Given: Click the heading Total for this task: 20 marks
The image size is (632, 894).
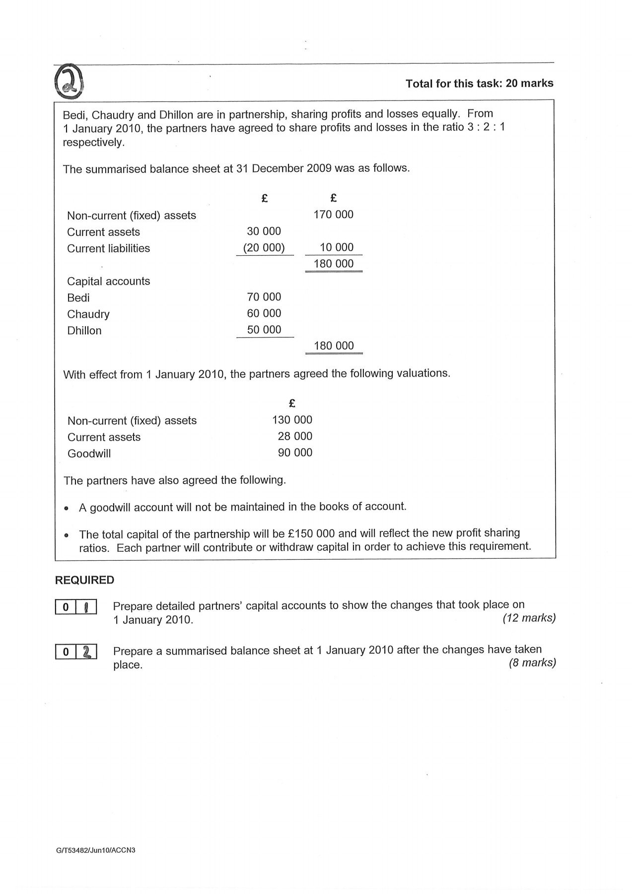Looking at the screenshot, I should [x=479, y=83].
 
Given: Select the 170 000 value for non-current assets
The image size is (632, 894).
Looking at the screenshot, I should [x=334, y=215].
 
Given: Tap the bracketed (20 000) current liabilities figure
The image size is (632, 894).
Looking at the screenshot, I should [x=264, y=248].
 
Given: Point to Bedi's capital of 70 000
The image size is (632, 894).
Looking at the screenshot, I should [x=264, y=297].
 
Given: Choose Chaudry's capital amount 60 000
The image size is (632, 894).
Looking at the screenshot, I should [x=264, y=313].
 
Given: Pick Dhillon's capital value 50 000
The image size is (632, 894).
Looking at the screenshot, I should [x=264, y=330].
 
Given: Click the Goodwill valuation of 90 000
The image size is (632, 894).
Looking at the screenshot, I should [x=295, y=452].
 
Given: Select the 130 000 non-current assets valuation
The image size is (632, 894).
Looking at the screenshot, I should [x=292, y=420].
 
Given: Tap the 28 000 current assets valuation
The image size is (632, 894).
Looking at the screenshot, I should [x=295, y=436].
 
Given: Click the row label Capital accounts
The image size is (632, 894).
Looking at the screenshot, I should [x=108, y=281].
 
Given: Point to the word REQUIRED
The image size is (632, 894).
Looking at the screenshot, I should [x=84, y=580].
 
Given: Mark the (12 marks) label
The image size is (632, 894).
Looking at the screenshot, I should [x=529, y=618].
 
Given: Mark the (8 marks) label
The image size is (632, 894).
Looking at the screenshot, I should [x=532, y=663].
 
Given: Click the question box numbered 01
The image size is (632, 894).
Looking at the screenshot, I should [x=75, y=607].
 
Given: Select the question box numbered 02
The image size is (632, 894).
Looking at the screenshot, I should [x=75, y=652].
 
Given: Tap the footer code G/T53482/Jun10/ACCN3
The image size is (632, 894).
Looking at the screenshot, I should [x=96, y=850].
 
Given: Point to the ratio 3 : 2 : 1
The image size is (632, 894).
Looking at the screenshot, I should [x=486, y=127].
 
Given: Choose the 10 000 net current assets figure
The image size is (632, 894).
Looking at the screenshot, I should [x=337, y=247].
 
